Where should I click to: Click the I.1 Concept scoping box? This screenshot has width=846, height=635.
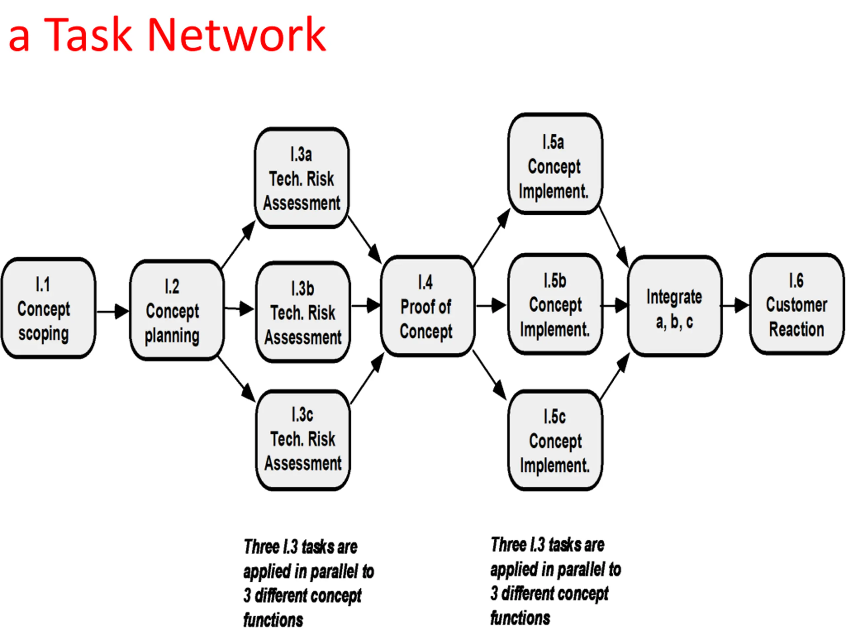pos(49,309)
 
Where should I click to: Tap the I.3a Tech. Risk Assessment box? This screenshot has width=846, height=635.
pos(302,178)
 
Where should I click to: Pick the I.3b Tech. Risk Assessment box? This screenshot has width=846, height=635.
pos(303,312)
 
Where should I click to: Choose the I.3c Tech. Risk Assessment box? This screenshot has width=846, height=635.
pos(303,440)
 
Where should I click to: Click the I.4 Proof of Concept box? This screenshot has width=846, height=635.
pos(428,306)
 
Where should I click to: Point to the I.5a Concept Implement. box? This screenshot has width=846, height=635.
pos(555,164)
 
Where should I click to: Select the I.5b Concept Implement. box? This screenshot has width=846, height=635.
pos(555,304)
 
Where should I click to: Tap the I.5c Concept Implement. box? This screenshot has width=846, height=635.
pos(555,440)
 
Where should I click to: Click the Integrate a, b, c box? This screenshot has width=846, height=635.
pos(675,306)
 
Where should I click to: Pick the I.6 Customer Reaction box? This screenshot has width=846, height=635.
pos(797,304)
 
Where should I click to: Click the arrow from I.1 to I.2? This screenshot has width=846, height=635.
pos(113,312)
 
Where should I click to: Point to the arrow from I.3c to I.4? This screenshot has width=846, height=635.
pos(367,378)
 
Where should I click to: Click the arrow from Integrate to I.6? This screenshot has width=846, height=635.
pos(735,306)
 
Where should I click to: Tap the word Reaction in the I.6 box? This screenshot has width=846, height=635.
pos(797,329)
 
